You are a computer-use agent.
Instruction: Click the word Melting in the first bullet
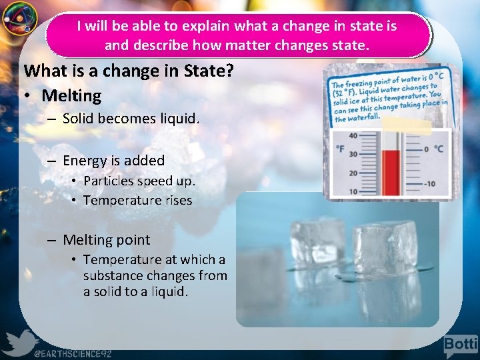pos(71,96)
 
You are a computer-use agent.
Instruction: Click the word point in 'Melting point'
pos(131,240)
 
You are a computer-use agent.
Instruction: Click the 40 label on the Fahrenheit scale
pos(353,136)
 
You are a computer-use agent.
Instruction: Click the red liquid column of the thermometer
pos(390,170)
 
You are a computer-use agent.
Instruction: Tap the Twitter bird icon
pos(20,341)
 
